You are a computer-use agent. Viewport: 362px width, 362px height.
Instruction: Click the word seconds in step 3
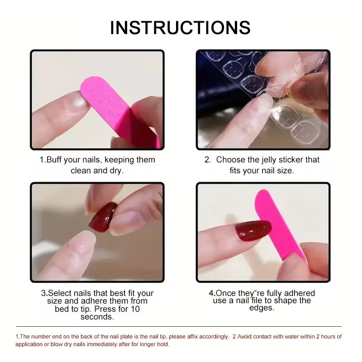pyautogui.click(x=97, y=317)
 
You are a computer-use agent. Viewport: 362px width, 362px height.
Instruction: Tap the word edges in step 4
pyautogui.click(x=262, y=308)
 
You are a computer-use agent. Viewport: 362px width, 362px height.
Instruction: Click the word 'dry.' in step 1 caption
pyautogui.click(x=115, y=171)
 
